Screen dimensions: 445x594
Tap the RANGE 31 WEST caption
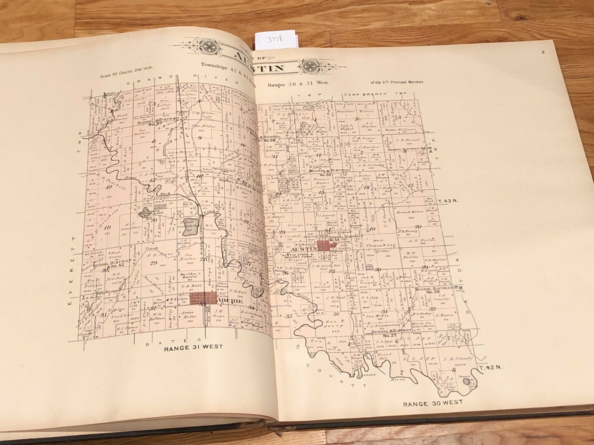point(193,347)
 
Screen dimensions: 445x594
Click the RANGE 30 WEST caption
point(432,403)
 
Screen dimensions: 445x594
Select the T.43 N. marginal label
point(448,201)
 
